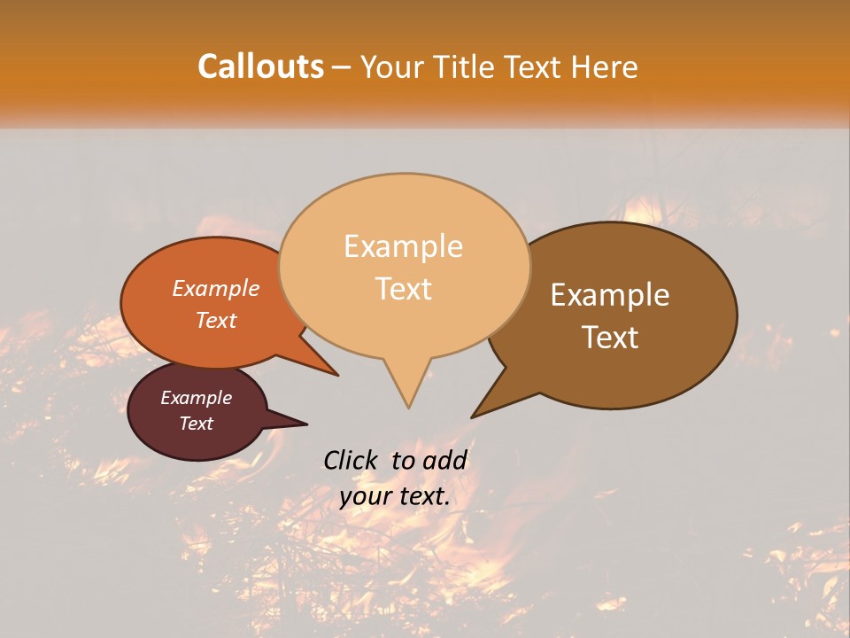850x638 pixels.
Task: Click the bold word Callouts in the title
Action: click(x=260, y=66)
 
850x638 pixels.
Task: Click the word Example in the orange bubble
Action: click(x=215, y=288)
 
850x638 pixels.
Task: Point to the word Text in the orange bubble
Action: click(x=215, y=320)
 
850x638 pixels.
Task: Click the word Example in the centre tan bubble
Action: click(x=403, y=246)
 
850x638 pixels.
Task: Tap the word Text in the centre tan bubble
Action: click(x=404, y=288)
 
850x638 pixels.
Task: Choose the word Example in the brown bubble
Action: click(x=610, y=295)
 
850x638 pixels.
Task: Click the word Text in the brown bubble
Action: click(x=610, y=337)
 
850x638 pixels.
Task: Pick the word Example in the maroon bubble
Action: click(x=196, y=398)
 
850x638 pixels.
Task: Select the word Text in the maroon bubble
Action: click(x=196, y=424)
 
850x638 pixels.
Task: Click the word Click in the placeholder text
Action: click(x=352, y=460)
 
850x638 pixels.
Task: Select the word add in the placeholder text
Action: click(x=444, y=460)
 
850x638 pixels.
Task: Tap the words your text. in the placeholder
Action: click(x=395, y=496)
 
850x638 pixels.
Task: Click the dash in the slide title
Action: click(x=343, y=66)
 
